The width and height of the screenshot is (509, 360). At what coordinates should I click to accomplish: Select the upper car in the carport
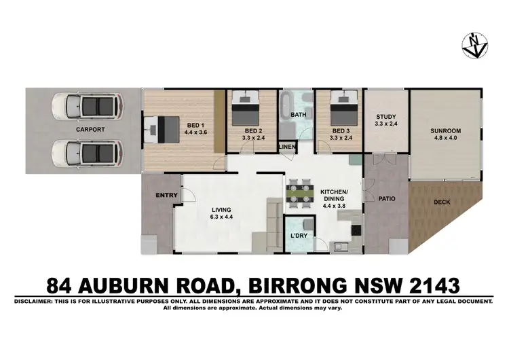click(x=86, y=106)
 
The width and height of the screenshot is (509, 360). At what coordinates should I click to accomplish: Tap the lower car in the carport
click(x=86, y=149)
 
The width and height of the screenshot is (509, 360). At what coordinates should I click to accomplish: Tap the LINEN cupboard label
click(x=286, y=147)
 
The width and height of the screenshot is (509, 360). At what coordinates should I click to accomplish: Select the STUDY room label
click(x=385, y=117)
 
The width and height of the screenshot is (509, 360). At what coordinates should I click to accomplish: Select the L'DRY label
click(x=299, y=236)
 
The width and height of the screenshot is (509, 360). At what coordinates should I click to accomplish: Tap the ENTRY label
click(x=166, y=196)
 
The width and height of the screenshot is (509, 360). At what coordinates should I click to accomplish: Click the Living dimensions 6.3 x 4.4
click(x=221, y=217)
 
